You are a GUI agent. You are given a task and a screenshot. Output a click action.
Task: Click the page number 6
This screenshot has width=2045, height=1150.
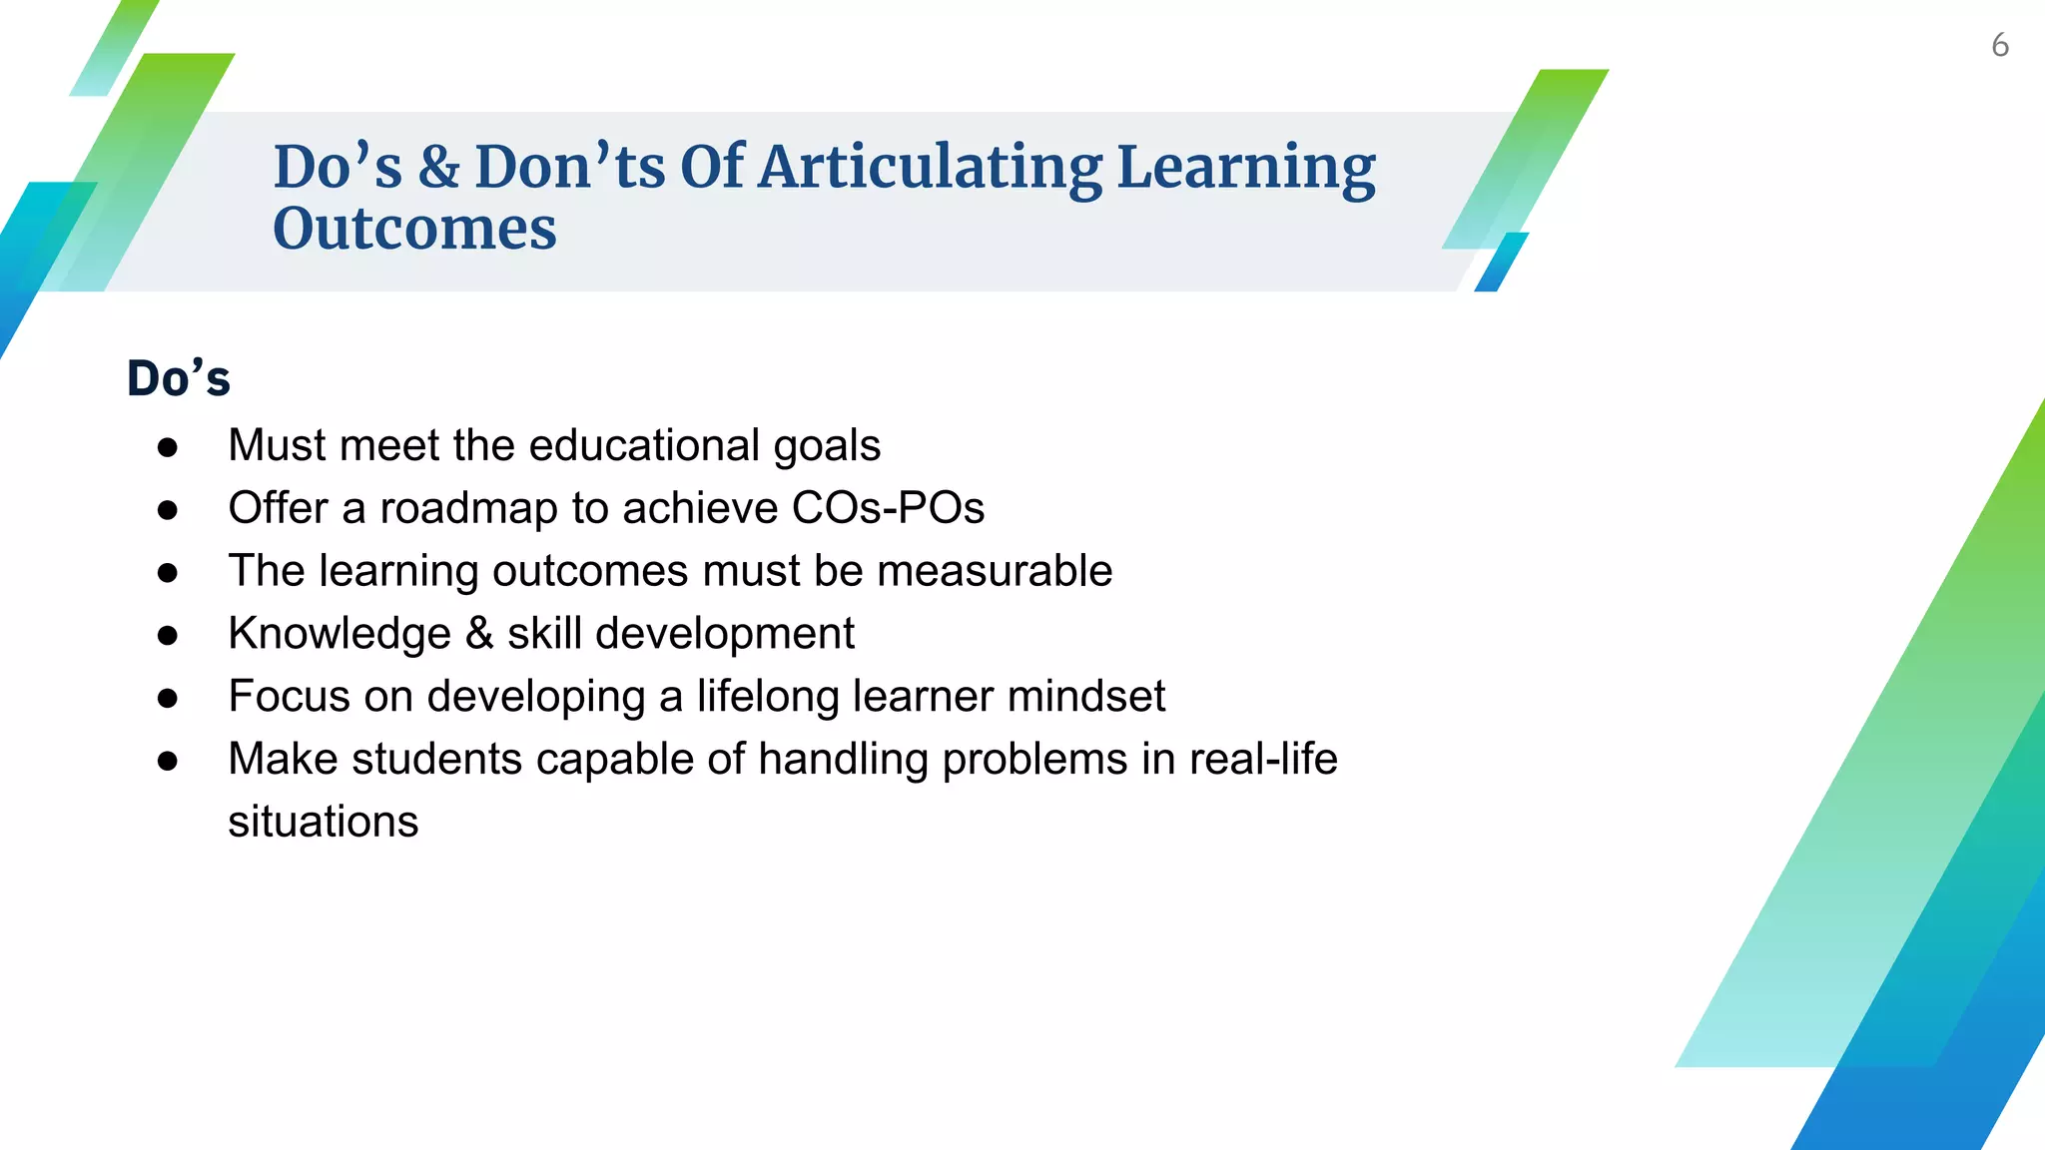(1999, 46)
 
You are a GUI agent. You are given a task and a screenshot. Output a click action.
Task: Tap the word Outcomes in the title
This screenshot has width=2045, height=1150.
(414, 229)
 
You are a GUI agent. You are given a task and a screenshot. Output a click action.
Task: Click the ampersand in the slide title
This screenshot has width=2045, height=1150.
(438, 167)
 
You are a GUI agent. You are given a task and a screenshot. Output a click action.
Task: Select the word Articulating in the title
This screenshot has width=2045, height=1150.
(930, 168)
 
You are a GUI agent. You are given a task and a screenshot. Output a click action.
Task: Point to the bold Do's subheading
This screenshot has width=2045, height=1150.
(179, 378)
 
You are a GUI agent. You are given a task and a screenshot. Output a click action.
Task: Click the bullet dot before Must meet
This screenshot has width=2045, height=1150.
(168, 447)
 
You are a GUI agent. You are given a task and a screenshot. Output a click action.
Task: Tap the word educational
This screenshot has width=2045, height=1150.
(644, 445)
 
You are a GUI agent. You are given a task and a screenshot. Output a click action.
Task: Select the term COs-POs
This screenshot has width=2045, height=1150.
(888, 508)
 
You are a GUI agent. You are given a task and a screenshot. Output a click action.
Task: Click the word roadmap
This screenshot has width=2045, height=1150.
(468, 508)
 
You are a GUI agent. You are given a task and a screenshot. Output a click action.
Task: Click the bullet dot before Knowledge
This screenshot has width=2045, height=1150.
(168, 635)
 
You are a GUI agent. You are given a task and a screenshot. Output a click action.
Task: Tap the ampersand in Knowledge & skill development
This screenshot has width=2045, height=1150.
(479, 634)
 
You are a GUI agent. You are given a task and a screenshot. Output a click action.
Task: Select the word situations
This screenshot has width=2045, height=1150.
(323, 822)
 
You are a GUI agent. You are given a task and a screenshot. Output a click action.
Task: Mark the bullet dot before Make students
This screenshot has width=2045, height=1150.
(168, 761)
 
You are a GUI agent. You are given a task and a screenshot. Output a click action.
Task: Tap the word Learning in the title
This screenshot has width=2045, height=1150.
(1245, 168)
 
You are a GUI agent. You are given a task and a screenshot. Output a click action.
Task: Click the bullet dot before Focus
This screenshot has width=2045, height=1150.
(168, 698)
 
